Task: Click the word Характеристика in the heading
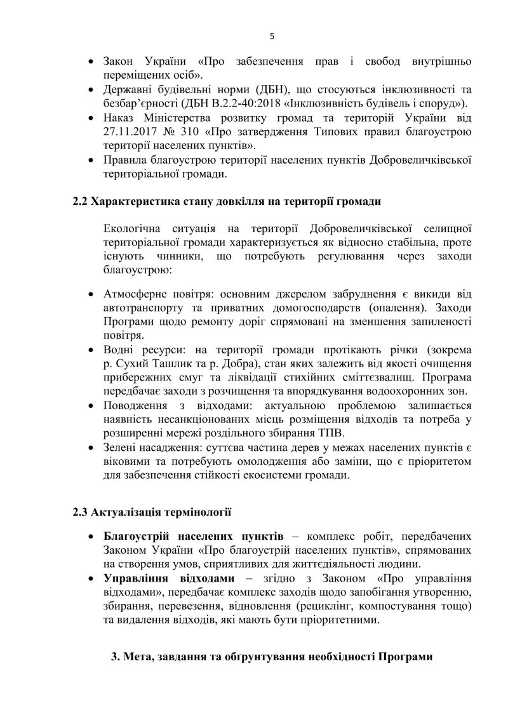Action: pos(132,202)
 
